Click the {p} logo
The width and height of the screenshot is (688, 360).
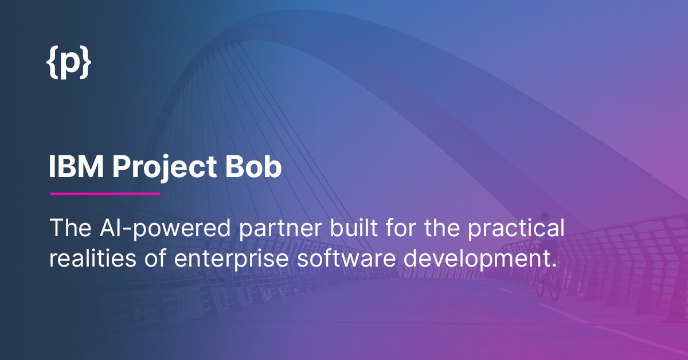pyautogui.click(x=69, y=62)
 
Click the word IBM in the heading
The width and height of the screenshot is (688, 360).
pyautogui.click(x=76, y=166)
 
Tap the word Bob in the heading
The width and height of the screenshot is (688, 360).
pyautogui.click(x=253, y=166)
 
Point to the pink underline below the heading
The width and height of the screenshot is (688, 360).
pyautogui.click(x=105, y=194)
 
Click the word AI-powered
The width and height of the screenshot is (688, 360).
pyautogui.click(x=165, y=229)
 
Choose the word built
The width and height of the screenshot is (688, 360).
pyautogui.click(x=354, y=228)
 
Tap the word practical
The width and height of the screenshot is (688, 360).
pyautogui.click(x=516, y=229)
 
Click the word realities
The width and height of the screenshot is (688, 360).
pyautogui.click(x=92, y=257)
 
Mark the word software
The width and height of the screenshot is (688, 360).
pyautogui.click(x=346, y=257)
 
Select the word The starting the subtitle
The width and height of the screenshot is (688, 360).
pyautogui.click(x=71, y=228)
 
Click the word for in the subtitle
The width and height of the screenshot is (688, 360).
pyautogui.click(x=401, y=228)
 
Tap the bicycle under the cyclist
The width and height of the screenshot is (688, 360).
pyautogui.click(x=547, y=283)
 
